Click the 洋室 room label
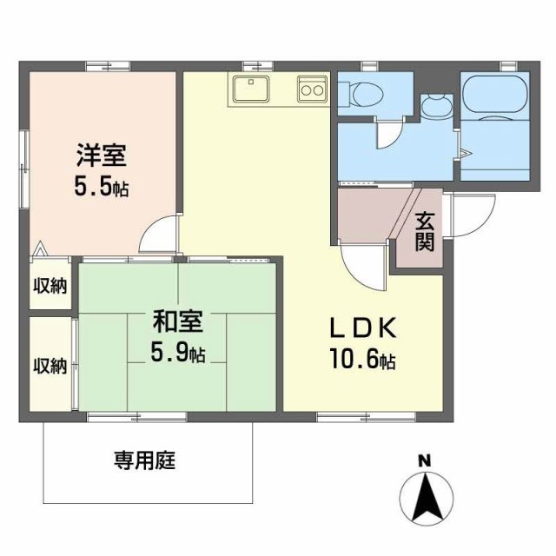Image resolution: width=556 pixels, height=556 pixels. pos(102,156)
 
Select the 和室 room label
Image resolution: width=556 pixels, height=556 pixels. pos(177,321)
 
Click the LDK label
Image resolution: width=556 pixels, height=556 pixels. pos(363,328)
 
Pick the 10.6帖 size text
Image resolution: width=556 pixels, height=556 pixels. pos(363,359)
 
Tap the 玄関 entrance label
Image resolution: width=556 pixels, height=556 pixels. pos(425,232)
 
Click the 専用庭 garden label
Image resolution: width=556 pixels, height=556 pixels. pos(145,460)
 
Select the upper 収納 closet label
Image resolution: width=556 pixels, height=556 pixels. pos(50,286)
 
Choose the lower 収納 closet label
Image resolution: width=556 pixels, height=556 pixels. pos(50,366)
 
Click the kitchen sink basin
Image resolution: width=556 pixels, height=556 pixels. pos(251,88)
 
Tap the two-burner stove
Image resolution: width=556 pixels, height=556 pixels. pos(313,89)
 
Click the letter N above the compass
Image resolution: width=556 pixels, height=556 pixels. pos(425,461)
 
